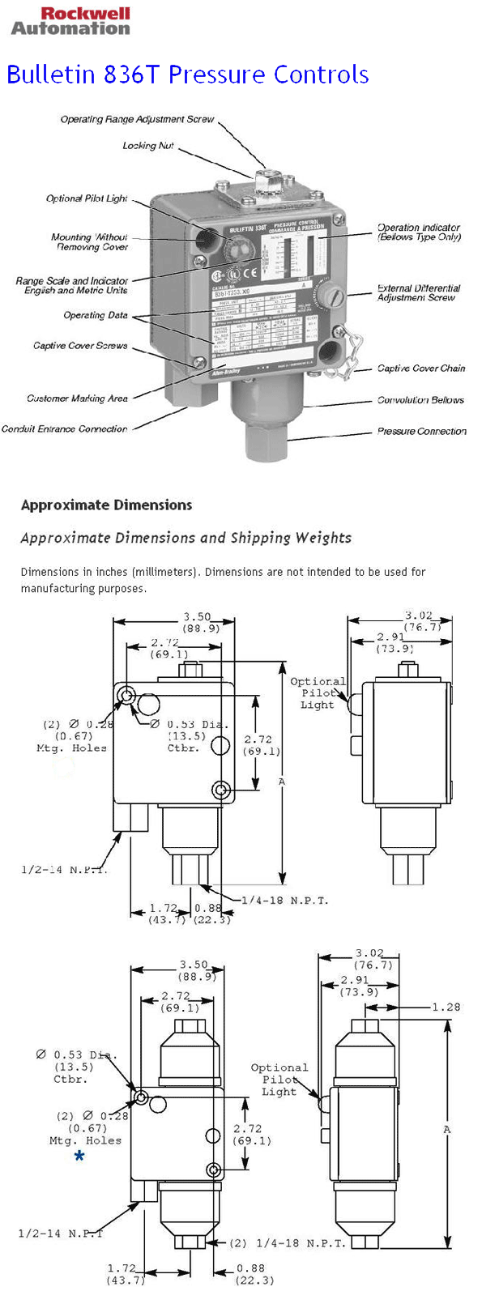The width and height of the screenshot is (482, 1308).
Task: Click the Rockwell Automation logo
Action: [70, 21]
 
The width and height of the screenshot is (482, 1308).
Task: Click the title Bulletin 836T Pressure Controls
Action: [187, 75]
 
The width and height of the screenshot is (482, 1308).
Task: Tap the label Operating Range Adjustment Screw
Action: [137, 119]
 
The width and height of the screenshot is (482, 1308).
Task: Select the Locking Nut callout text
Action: [148, 146]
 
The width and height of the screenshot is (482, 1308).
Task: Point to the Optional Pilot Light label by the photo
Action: [87, 198]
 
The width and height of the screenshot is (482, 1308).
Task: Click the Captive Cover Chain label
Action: [421, 369]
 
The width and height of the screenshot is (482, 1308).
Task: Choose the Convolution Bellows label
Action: [420, 400]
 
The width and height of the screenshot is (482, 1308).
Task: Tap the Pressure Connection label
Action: [421, 432]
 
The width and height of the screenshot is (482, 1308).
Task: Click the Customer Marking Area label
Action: [77, 398]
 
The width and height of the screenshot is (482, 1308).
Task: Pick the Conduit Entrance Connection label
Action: [65, 429]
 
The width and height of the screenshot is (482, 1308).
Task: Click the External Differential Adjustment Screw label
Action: [418, 292]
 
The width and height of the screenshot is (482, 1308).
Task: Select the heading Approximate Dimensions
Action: [106, 505]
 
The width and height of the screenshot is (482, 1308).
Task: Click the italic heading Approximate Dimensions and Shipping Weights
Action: [186, 538]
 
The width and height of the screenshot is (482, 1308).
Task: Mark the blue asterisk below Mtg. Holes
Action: [79, 1156]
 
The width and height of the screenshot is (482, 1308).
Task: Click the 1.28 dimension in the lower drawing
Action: [446, 1007]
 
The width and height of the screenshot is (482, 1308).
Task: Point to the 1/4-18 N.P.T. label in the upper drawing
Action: [284, 900]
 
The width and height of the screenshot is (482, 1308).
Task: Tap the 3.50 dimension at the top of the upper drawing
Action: [197, 616]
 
